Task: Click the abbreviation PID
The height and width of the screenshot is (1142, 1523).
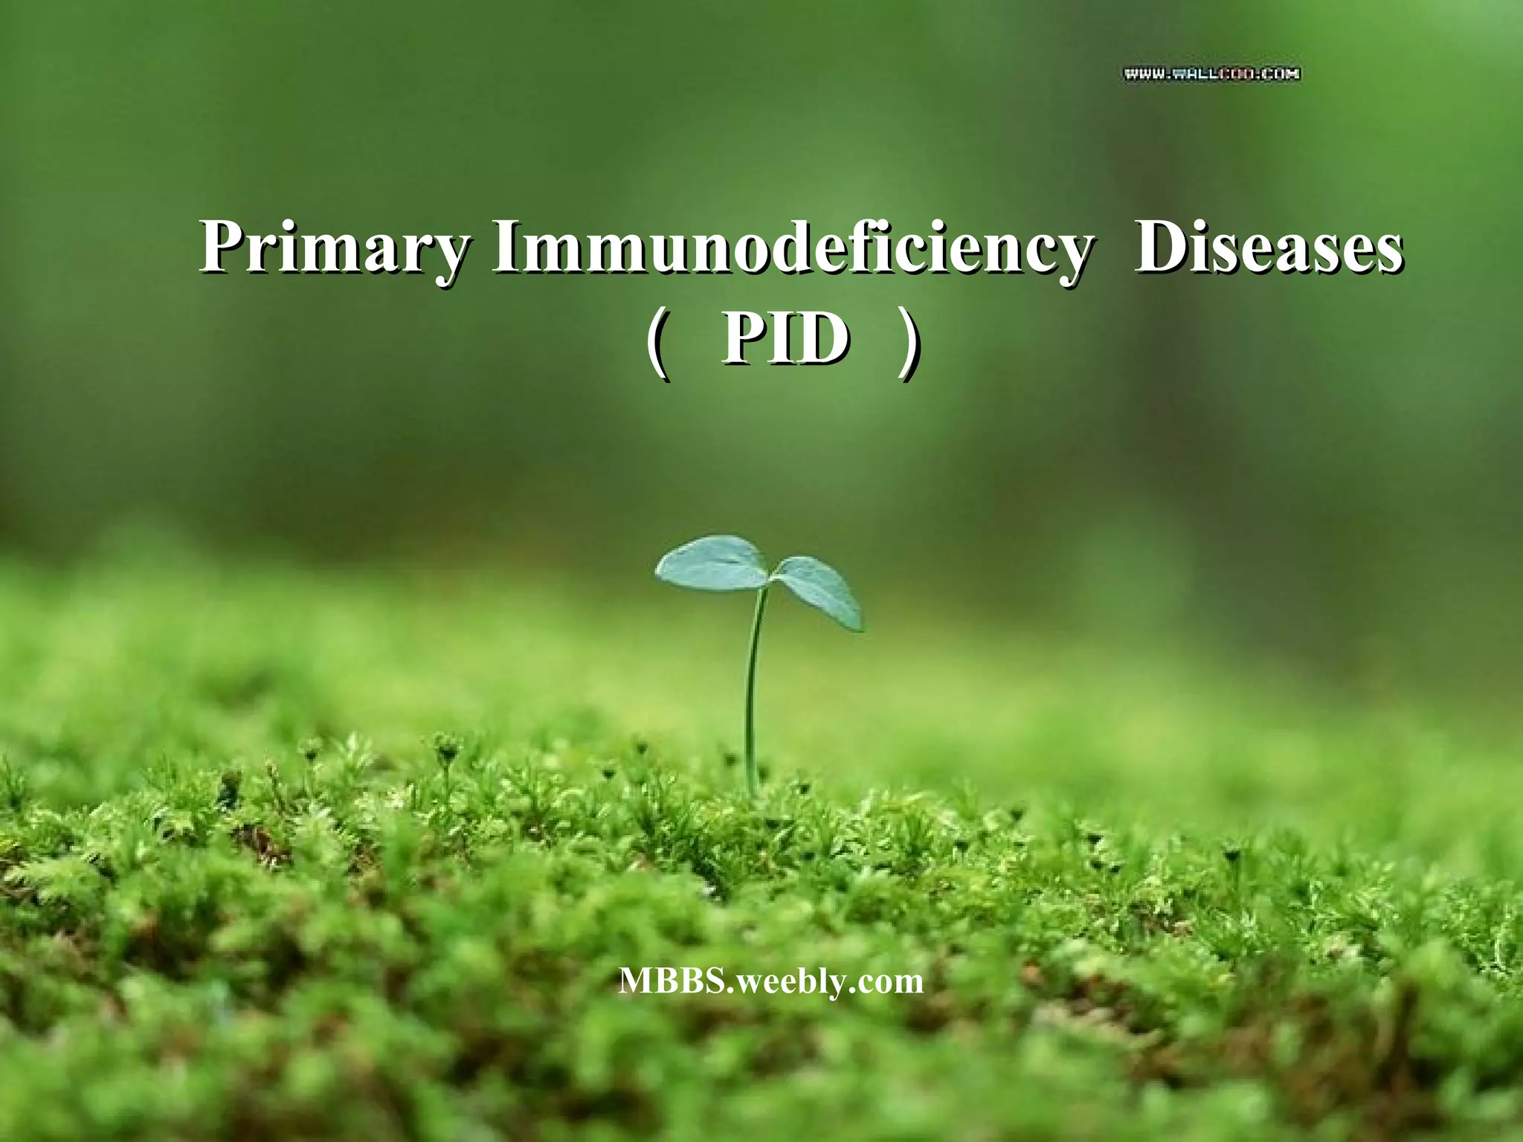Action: pos(785,339)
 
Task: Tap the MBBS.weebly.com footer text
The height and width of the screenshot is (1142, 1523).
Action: pos(771,981)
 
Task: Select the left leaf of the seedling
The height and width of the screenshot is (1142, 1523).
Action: pos(712,564)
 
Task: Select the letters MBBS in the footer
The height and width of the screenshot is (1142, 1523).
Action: pos(671,981)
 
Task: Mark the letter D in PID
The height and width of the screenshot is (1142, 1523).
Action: pos(822,339)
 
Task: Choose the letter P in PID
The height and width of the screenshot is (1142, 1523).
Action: pos(744,339)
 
